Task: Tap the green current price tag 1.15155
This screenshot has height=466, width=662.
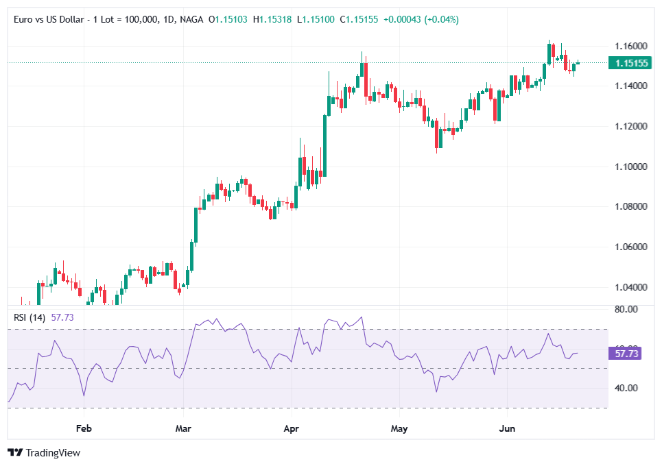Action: coord(631,63)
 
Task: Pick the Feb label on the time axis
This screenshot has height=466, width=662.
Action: coord(84,428)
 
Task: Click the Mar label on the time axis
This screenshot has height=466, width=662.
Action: coord(183,428)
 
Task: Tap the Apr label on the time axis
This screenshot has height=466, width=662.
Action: coord(292,428)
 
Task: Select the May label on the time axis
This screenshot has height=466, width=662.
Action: coord(399,428)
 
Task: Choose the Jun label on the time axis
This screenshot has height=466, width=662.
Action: coord(507,428)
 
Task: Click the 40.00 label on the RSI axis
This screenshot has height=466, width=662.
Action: coord(626,388)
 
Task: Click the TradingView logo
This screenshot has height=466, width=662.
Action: coord(44,452)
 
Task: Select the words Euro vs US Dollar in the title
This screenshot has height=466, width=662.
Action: coord(48,20)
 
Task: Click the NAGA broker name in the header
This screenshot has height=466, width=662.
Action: coord(191,20)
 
